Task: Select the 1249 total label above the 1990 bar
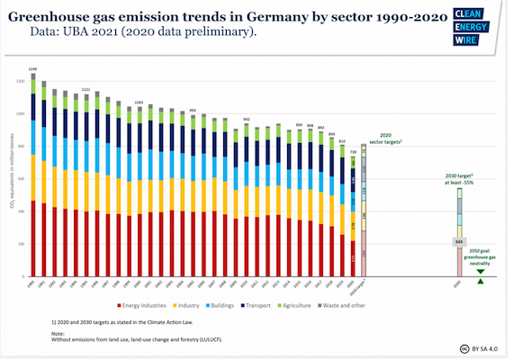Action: [x=33, y=69]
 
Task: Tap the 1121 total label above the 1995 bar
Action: [x=85, y=90]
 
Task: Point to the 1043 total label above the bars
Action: [x=138, y=103]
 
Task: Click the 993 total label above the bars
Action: [x=193, y=111]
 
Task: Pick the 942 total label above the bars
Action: [x=247, y=119]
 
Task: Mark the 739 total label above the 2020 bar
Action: [x=353, y=152]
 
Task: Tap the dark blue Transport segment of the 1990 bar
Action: [x=33, y=107]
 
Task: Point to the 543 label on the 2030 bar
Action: [x=457, y=242]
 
